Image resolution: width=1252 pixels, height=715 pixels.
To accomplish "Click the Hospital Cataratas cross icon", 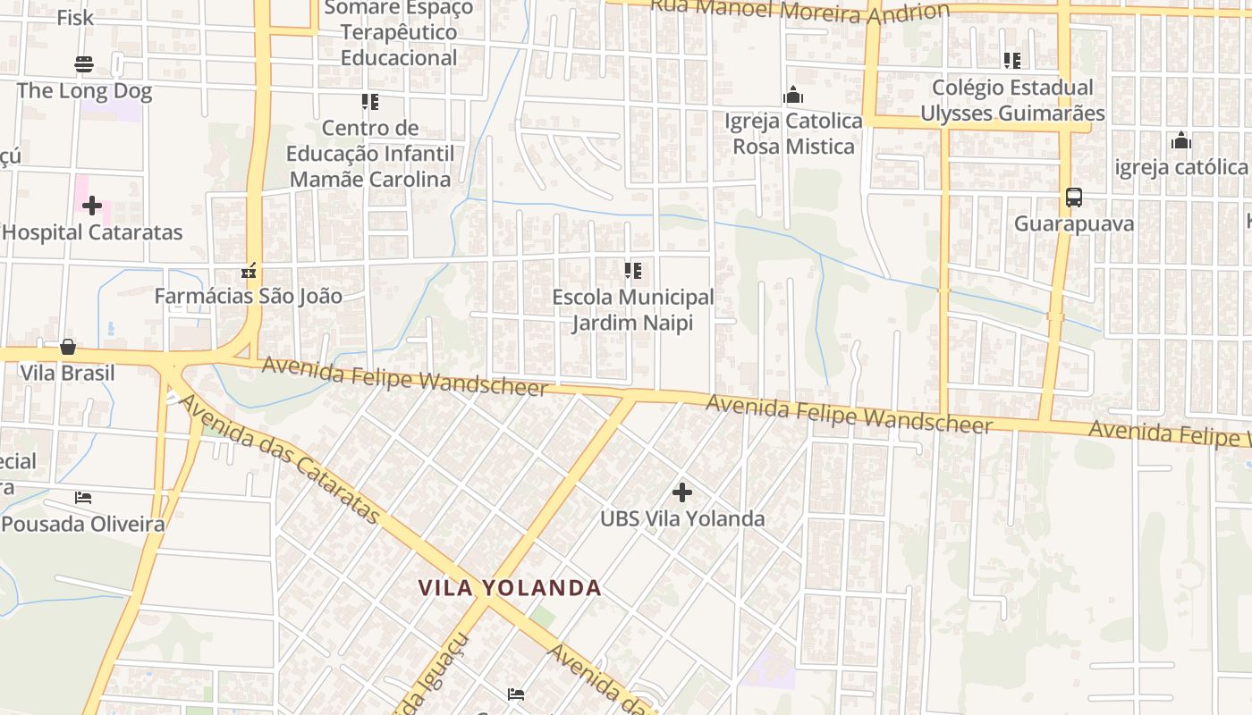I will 92,206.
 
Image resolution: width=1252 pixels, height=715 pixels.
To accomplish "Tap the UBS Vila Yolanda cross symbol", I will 682,492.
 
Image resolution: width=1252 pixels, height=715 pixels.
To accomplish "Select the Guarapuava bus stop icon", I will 1073,198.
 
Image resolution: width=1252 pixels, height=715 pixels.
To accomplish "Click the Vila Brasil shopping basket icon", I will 68,347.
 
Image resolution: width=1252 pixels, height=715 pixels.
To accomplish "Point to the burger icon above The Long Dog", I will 84,64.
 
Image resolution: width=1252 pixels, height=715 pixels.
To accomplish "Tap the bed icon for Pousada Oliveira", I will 83,497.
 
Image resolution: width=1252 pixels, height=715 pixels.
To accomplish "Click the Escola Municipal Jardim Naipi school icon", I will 632,270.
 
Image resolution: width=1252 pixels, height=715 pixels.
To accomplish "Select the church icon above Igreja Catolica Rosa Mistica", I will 793,95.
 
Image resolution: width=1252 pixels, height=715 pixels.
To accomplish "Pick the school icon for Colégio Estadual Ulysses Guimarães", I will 1012,61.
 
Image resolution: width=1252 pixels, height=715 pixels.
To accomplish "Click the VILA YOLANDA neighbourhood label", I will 510,588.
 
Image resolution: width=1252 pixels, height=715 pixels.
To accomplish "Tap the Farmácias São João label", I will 248,296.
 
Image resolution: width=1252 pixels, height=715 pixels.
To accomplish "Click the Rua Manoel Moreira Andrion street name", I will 799,11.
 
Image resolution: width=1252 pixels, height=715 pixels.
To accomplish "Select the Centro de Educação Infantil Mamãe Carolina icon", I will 370,102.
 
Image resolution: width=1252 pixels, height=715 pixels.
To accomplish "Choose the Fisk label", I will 75,18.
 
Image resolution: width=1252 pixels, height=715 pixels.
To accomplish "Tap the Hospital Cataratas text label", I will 92,232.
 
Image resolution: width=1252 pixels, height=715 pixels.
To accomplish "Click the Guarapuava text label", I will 1073,223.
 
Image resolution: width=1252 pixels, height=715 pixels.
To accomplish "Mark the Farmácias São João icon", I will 249,270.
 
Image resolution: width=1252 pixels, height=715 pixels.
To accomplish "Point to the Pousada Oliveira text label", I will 83,524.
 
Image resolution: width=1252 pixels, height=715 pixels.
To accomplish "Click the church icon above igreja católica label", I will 1180,140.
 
